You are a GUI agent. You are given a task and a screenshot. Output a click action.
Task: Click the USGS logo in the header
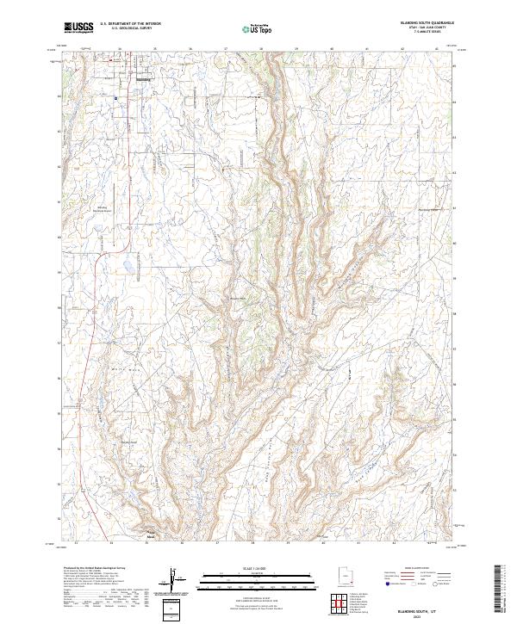[x=78, y=28]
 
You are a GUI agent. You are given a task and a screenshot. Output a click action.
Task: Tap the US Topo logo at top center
[x=258, y=28]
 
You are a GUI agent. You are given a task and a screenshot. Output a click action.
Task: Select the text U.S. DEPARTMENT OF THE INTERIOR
[x=130, y=24]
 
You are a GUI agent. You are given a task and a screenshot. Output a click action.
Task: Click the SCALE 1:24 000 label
[x=258, y=567]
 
